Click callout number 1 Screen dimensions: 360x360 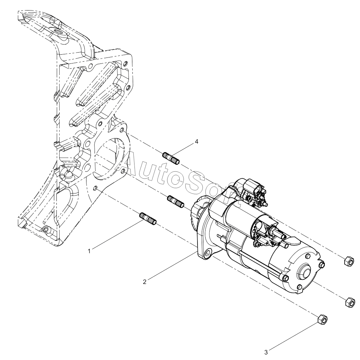(90, 251)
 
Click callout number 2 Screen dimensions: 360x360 (144, 282)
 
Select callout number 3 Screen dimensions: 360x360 (266, 352)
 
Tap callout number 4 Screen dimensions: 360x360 (196, 142)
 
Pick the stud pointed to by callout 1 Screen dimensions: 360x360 (148, 219)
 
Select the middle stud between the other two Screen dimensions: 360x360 (176, 202)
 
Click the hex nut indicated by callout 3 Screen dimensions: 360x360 (323, 320)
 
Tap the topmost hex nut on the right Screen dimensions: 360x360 (349, 261)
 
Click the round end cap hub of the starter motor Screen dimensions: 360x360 (305, 273)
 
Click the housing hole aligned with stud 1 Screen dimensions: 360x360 (96, 189)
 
